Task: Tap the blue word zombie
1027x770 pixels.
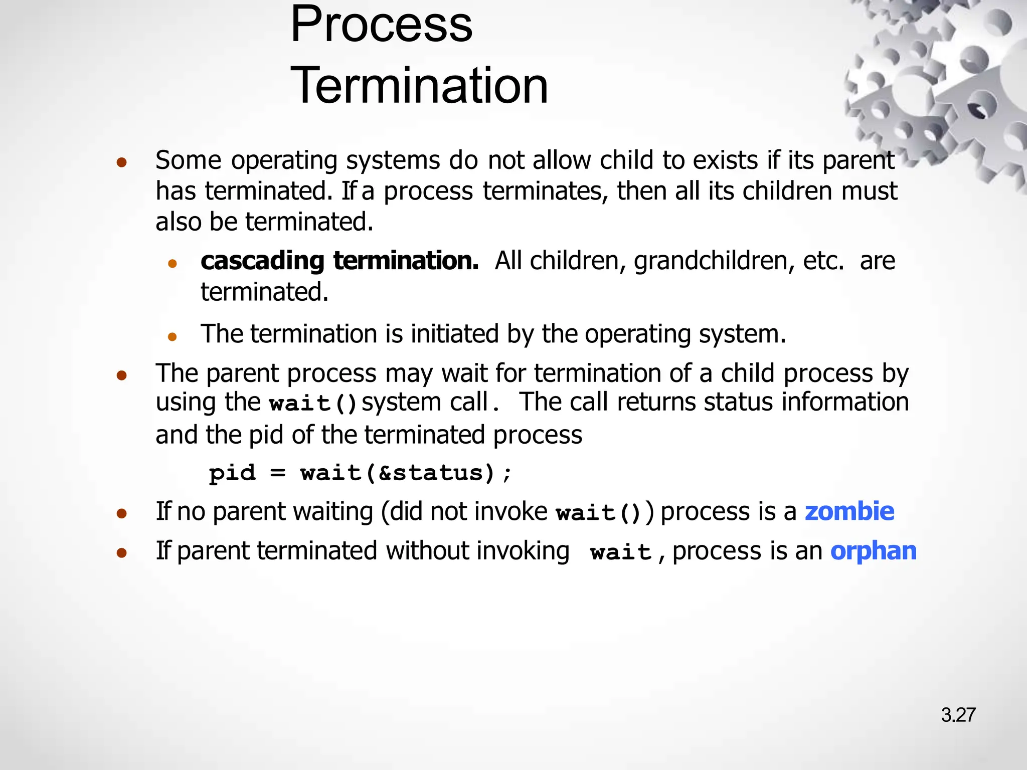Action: pos(849,511)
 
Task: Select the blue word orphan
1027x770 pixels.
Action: pos(874,550)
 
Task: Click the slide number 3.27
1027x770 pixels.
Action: pos(958,715)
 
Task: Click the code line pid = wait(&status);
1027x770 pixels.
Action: pos(360,473)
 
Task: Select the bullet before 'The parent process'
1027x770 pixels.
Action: pos(121,375)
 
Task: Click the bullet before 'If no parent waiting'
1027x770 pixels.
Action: pos(121,513)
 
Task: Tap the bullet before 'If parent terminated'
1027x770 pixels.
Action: pos(121,552)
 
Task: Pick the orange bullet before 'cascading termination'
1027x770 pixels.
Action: pos(173,263)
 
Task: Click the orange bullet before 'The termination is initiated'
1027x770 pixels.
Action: pos(173,336)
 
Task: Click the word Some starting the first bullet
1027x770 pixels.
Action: pos(188,160)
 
